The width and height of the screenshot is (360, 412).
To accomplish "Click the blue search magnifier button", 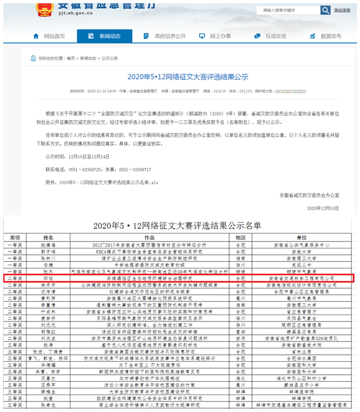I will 325,10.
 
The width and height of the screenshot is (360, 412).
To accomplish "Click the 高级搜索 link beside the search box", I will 346,10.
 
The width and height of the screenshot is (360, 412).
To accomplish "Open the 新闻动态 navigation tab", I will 110,36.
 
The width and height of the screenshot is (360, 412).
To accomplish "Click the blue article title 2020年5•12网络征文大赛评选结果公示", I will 188,77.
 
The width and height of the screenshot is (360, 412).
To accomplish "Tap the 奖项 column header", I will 15,238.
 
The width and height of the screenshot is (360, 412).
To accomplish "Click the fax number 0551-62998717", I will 133,169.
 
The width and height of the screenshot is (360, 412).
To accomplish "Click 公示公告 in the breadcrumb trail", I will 110,58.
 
